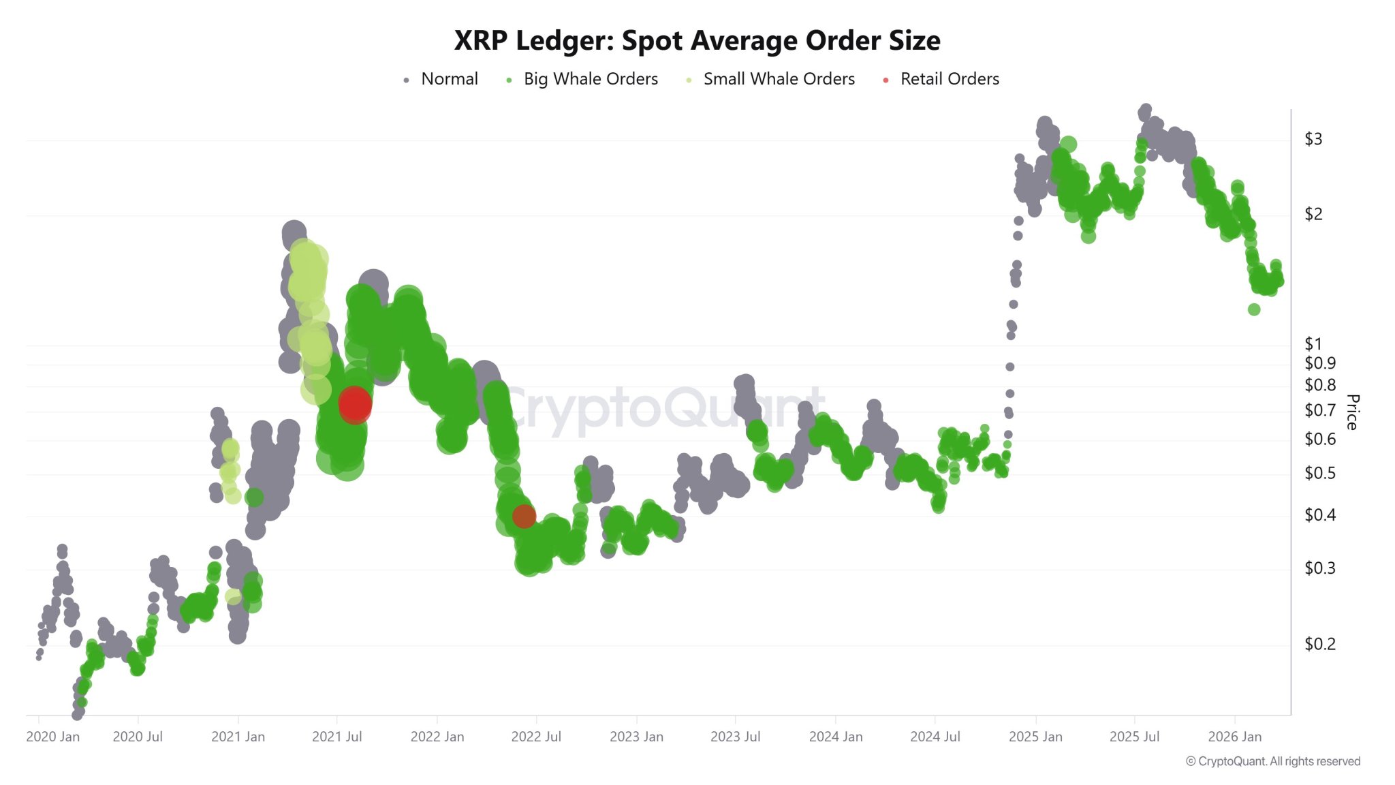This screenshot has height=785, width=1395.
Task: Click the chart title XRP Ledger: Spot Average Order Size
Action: click(697, 41)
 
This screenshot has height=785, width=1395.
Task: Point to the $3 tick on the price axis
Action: click(1313, 139)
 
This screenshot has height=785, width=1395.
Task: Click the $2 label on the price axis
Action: click(1313, 214)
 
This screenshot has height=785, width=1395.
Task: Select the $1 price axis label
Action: click(1313, 344)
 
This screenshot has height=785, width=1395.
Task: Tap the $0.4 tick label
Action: click(1319, 515)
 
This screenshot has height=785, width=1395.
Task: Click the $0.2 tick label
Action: click(1319, 644)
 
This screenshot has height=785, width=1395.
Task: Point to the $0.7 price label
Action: click(1319, 410)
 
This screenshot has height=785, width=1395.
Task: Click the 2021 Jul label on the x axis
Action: click(336, 737)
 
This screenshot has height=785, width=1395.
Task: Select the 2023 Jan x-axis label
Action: click(636, 737)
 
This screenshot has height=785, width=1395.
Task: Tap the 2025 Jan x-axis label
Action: click(1035, 737)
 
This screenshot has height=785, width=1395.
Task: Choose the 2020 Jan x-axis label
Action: click(52, 737)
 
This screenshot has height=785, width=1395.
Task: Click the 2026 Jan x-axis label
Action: click(1234, 737)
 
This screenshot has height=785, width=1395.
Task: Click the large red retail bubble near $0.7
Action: click(355, 404)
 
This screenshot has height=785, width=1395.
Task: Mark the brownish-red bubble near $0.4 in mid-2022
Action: click(524, 517)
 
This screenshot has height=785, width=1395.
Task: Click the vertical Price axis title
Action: click(1352, 412)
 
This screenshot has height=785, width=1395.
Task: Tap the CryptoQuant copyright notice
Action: click(1272, 761)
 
